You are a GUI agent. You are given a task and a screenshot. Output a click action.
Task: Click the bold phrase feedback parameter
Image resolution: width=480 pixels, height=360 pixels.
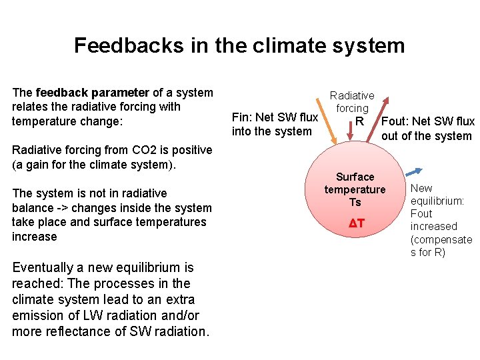93,93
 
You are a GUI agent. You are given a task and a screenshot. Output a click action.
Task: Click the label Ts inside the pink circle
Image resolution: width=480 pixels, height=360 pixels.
355,202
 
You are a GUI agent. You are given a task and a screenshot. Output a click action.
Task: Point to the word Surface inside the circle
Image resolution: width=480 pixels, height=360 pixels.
355,177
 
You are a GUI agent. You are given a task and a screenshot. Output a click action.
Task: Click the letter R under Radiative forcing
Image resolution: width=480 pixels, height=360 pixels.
360,121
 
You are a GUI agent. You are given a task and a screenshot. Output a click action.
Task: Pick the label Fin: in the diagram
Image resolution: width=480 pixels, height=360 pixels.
242,117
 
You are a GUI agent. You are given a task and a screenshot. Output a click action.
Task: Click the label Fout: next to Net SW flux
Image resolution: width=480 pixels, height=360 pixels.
395,121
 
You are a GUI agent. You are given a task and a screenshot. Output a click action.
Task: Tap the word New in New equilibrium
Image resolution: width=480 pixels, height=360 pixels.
421,189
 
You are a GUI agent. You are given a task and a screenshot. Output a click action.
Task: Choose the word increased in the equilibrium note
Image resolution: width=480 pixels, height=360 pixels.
433,227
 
